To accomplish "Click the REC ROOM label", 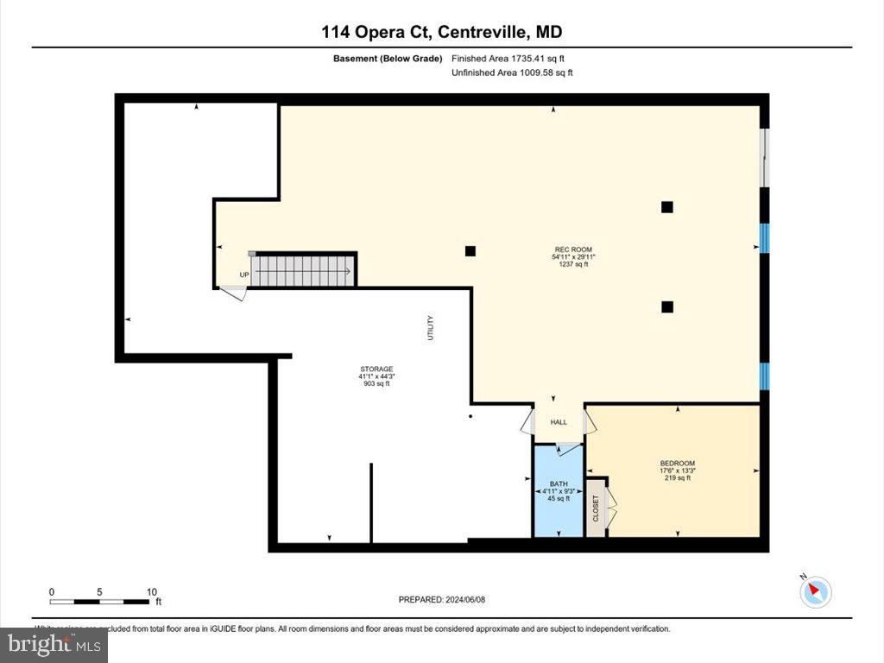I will pyautogui.click(x=572, y=249).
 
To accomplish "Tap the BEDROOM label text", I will pyautogui.click(x=677, y=463).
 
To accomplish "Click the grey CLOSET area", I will pyautogui.click(x=597, y=509).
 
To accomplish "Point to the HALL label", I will pyautogui.click(x=559, y=422).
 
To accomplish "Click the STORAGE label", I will pyautogui.click(x=376, y=369).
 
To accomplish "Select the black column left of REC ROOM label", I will pyautogui.click(x=470, y=251).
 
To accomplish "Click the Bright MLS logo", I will pyautogui.click(x=54, y=644).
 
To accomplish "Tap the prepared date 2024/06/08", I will pyautogui.click(x=448, y=600).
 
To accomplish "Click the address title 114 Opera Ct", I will pyautogui.click(x=442, y=32).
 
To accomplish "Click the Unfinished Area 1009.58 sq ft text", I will pyautogui.click(x=512, y=73).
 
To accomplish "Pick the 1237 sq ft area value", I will pyautogui.click(x=572, y=265).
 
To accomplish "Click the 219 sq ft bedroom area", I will pyautogui.click(x=677, y=478).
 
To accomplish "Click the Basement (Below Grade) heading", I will pyautogui.click(x=388, y=59).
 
